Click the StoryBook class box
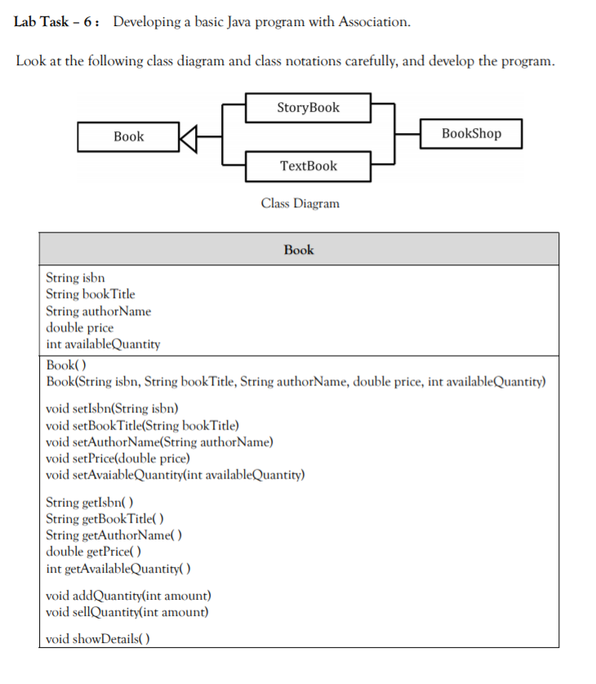click(x=308, y=108)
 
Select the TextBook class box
click(x=308, y=166)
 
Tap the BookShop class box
click(x=471, y=133)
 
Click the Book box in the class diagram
click(x=128, y=136)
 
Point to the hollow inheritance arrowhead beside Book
click(x=188, y=136)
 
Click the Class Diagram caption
click(x=300, y=203)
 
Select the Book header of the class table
click(x=299, y=250)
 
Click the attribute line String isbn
click(x=75, y=278)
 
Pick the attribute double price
click(x=80, y=327)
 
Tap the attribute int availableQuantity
click(x=103, y=344)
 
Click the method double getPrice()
click(x=90, y=552)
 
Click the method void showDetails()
click(x=99, y=638)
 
